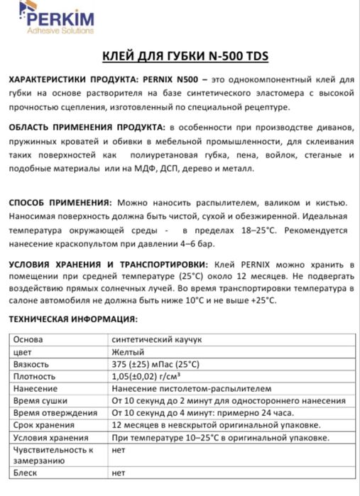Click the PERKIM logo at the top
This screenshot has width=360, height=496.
pos(46,16)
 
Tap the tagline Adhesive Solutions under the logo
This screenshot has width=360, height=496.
pos(60,31)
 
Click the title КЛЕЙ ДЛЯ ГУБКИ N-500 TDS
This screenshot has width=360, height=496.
pos(180,57)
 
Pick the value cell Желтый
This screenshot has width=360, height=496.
pos(129,352)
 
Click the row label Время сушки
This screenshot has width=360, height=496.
pos(41,401)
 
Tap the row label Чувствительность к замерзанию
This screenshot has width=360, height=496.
pos(53,454)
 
